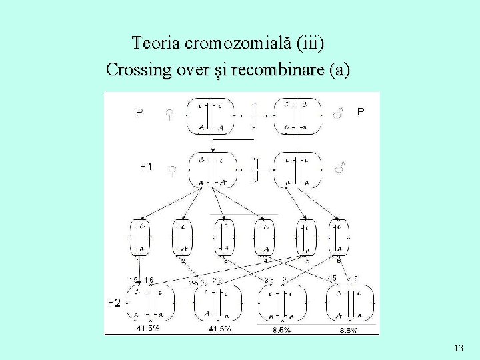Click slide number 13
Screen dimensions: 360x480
458,348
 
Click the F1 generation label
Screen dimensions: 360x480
146,167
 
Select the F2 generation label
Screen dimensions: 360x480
114,303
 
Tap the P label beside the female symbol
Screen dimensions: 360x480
139,113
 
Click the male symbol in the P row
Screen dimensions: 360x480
338,114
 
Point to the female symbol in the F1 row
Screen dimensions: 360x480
172,171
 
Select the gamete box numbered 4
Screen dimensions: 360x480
264,237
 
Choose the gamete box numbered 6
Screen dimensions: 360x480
339,237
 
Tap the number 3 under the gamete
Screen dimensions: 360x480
225,260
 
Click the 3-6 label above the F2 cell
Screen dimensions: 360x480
287,279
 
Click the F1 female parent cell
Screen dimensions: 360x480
213,170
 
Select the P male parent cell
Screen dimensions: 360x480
297,115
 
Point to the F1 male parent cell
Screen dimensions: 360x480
297,170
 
